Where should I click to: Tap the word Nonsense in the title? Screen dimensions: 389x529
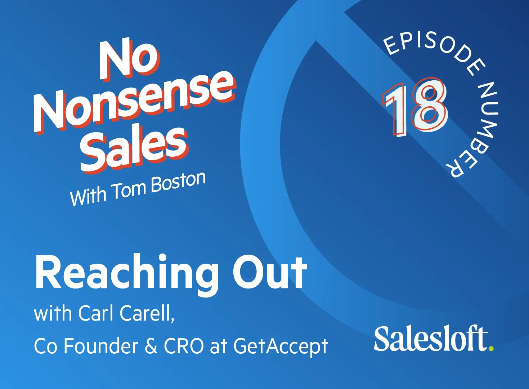pos(135,101)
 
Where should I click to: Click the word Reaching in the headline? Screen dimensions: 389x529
pos(126,273)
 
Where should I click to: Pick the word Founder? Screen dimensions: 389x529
pos(101,346)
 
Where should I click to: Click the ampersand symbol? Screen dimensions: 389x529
pos(151,346)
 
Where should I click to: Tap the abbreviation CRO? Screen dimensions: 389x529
pos(184,346)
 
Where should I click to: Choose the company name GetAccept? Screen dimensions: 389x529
pos(281,347)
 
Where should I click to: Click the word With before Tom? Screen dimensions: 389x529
pos(88,197)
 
